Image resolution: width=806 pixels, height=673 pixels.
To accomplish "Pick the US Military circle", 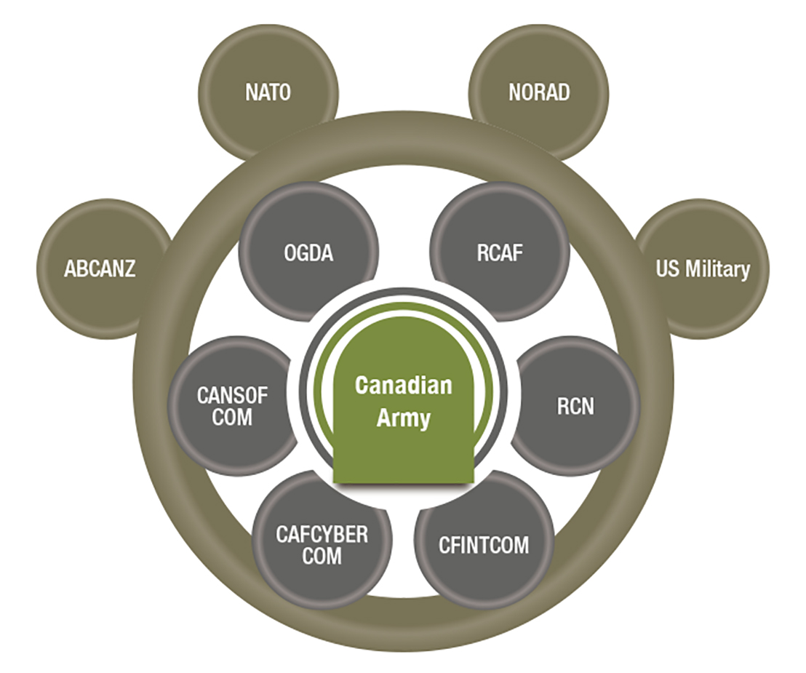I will pyautogui.click(x=702, y=269).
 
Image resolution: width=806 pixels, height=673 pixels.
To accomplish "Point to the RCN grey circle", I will pyautogui.click(x=575, y=406).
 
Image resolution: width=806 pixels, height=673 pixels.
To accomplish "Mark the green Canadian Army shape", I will pyautogui.click(x=404, y=437).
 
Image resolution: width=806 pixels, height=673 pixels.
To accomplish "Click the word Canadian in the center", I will pyautogui.click(x=404, y=386).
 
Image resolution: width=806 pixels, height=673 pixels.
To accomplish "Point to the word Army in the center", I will pyautogui.click(x=404, y=419).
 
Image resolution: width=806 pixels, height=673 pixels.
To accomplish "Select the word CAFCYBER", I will pyautogui.click(x=322, y=535).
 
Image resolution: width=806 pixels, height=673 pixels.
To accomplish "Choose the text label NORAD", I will pyautogui.click(x=539, y=92).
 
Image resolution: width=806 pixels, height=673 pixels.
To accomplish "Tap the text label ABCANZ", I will pyautogui.click(x=100, y=269).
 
